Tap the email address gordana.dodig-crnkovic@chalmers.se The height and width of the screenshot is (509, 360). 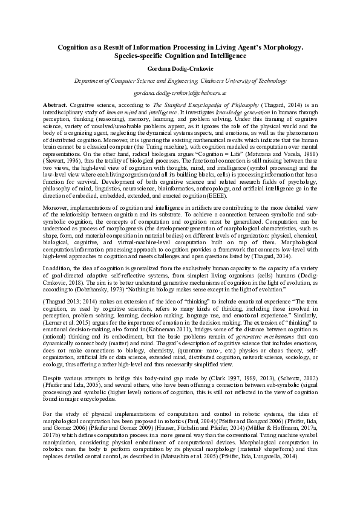point(180,94)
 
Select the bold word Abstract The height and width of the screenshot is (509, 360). point(56,105)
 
